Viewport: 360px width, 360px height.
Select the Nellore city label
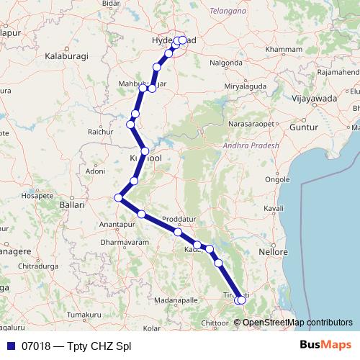pyautogui.click(x=273, y=253)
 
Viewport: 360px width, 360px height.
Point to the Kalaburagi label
pyautogui.click(x=66, y=55)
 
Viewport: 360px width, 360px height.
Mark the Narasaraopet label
pyautogui.click(x=251, y=123)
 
